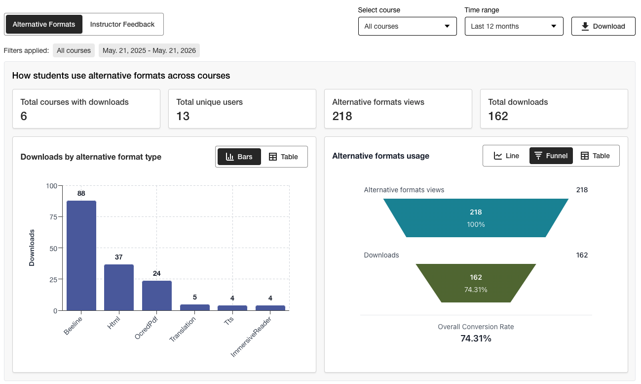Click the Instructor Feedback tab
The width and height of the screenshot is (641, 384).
[x=122, y=24]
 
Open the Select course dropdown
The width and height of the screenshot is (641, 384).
[x=407, y=26]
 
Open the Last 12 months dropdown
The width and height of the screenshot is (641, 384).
[x=514, y=26]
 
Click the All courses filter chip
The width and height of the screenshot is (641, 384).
[x=74, y=50]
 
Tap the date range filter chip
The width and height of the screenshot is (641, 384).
[x=149, y=50]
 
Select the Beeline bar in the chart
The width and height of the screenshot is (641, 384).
[x=81, y=256]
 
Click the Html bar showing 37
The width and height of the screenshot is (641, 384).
[x=119, y=288]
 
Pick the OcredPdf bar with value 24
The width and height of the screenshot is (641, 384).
[x=157, y=296]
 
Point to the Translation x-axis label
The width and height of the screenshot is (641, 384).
[x=183, y=329]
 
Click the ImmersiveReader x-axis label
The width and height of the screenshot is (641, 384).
[x=251, y=337]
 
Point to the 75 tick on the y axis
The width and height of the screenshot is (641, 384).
[x=53, y=217]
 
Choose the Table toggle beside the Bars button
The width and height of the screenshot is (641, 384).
[x=283, y=157]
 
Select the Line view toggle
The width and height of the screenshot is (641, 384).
[x=506, y=156]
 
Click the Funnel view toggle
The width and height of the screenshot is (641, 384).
[x=551, y=156]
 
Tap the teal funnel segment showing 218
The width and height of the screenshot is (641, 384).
[x=476, y=218]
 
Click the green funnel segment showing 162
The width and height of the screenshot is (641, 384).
[x=476, y=283]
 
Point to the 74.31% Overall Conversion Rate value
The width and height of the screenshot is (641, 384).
[x=476, y=339]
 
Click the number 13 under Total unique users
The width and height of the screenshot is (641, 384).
[x=183, y=116]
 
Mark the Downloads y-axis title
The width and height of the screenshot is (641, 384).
[x=32, y=248]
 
